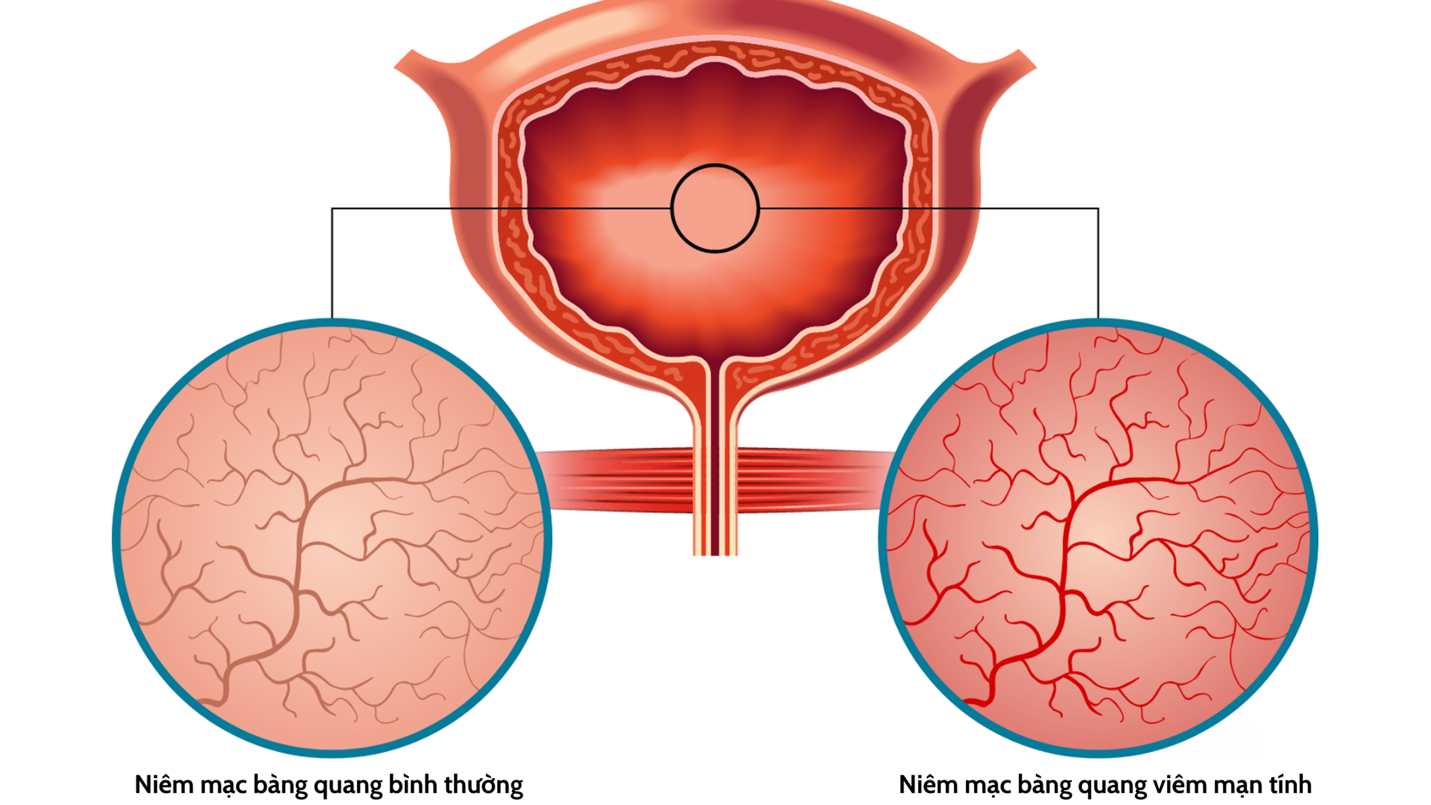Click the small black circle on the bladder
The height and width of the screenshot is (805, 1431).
pos(714,208)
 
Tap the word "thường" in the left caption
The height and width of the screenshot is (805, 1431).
pos(484,785)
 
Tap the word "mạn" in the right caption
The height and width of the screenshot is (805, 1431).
pos(1237,785)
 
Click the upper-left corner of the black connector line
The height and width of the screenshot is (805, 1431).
pos(332,209)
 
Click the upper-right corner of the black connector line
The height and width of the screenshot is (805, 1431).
pos(1098,209)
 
